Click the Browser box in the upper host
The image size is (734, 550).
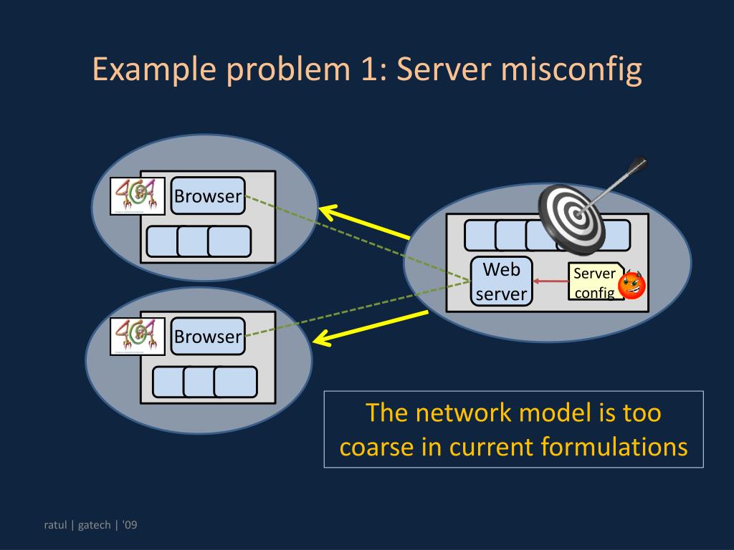(x=208, y=196)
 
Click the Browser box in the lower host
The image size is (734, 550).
(x=208, y=337)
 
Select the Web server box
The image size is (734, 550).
(x=502, y=281)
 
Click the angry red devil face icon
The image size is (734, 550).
(x=631, y=285)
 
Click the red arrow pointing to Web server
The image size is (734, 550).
(x=550, y=281)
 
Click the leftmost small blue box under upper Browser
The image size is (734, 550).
(x=162, y=241)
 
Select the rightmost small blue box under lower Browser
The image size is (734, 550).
(x=235, y=382)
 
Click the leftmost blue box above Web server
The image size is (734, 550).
(x=480, y=235)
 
